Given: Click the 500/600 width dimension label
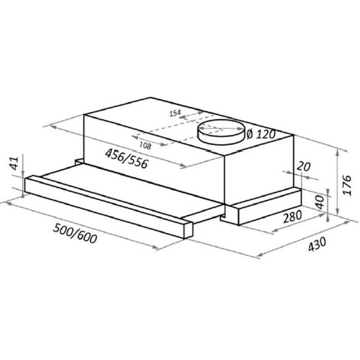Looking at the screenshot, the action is (75, 233).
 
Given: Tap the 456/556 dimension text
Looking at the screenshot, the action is (127, 158).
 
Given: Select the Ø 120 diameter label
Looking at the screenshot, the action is (260, 134).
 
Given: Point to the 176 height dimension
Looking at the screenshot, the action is (347, 185).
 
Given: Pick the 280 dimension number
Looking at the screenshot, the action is (292, 217).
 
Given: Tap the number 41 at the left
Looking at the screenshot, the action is (14, 163).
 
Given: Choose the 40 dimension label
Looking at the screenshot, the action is (320, 202).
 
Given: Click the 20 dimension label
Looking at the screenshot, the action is (304, 166).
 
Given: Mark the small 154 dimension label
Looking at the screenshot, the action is (175, 113).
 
